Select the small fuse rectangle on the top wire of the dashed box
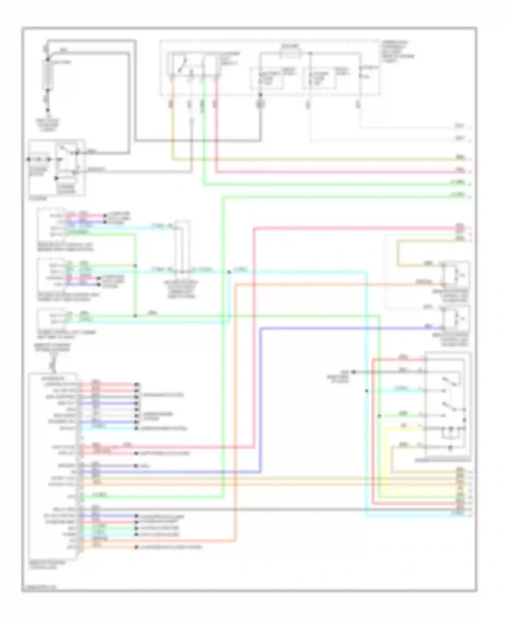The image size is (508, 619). [x=290, y=52]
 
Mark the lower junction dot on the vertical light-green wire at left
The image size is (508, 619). [x=135, y=316]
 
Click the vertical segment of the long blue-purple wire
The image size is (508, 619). [x=261, y=400]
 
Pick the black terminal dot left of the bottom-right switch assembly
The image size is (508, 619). [x=353, y=372]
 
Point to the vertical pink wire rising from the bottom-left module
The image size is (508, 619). [x=253, y=339]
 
